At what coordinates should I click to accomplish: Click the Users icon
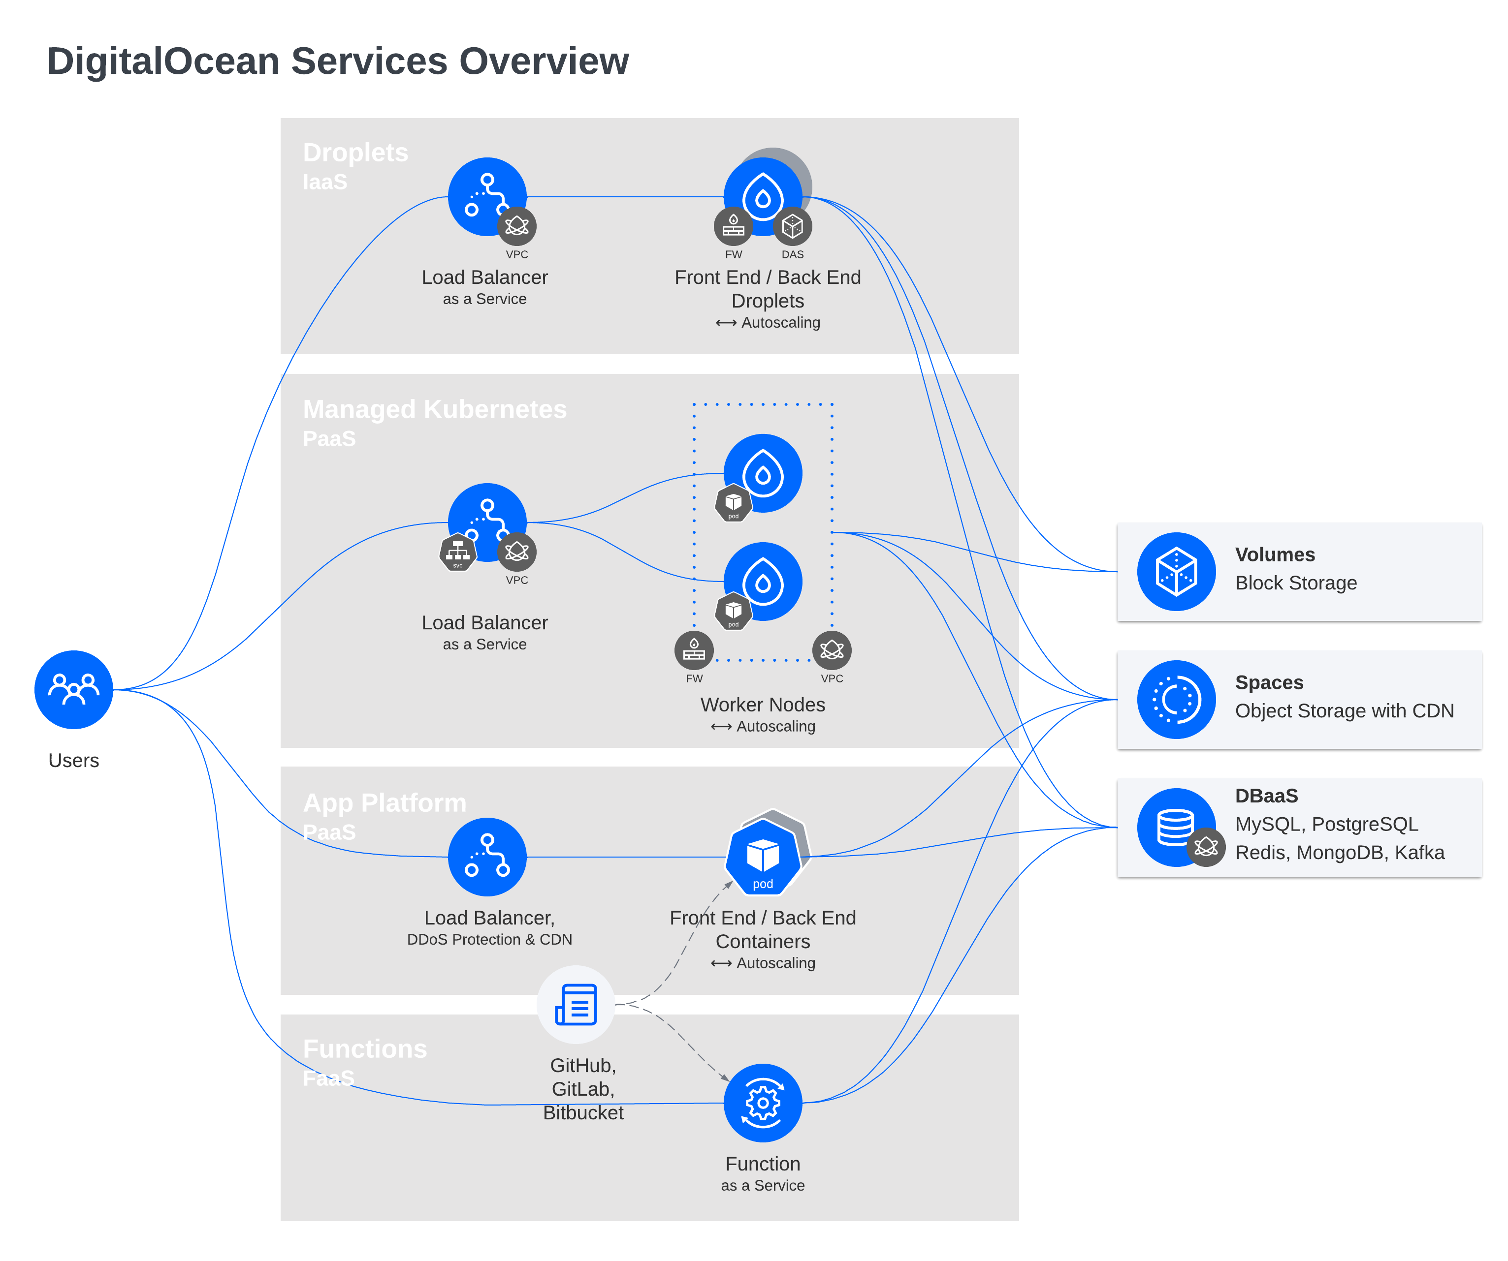[x=74, y=690]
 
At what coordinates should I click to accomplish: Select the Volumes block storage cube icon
[x=1176, y=572]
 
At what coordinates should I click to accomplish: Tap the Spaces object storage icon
[x=1176, y=700]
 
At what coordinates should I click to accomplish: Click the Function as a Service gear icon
[x=763, y=1103]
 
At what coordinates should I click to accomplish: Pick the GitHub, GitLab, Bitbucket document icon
[x=576, y=1004]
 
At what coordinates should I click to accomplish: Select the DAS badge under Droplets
[x=793, y=227]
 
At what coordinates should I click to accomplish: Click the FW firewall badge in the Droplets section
[x=733, y=226]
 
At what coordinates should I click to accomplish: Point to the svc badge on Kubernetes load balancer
[x=457, y=553]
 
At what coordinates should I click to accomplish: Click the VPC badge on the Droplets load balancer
[x=517, y=227]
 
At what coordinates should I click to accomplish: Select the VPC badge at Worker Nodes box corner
[x=832, y=650]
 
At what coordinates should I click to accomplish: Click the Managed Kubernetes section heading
[x=434, y=409]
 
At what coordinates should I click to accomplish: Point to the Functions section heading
[x=365, y=1048]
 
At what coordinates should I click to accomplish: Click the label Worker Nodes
[x=763, y=704]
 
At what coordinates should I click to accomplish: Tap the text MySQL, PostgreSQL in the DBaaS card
[x=1326, y=824]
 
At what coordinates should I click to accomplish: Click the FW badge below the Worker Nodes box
[x=694, y=650]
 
